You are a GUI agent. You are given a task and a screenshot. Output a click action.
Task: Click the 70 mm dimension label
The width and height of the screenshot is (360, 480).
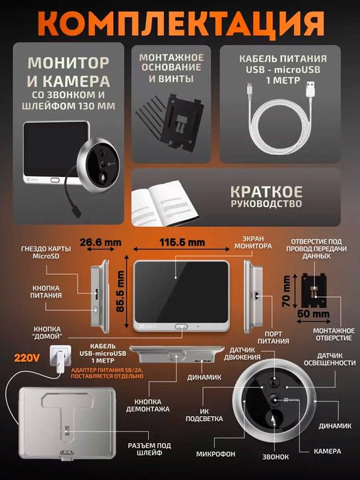pyautogui.click(x=285, y=292)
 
